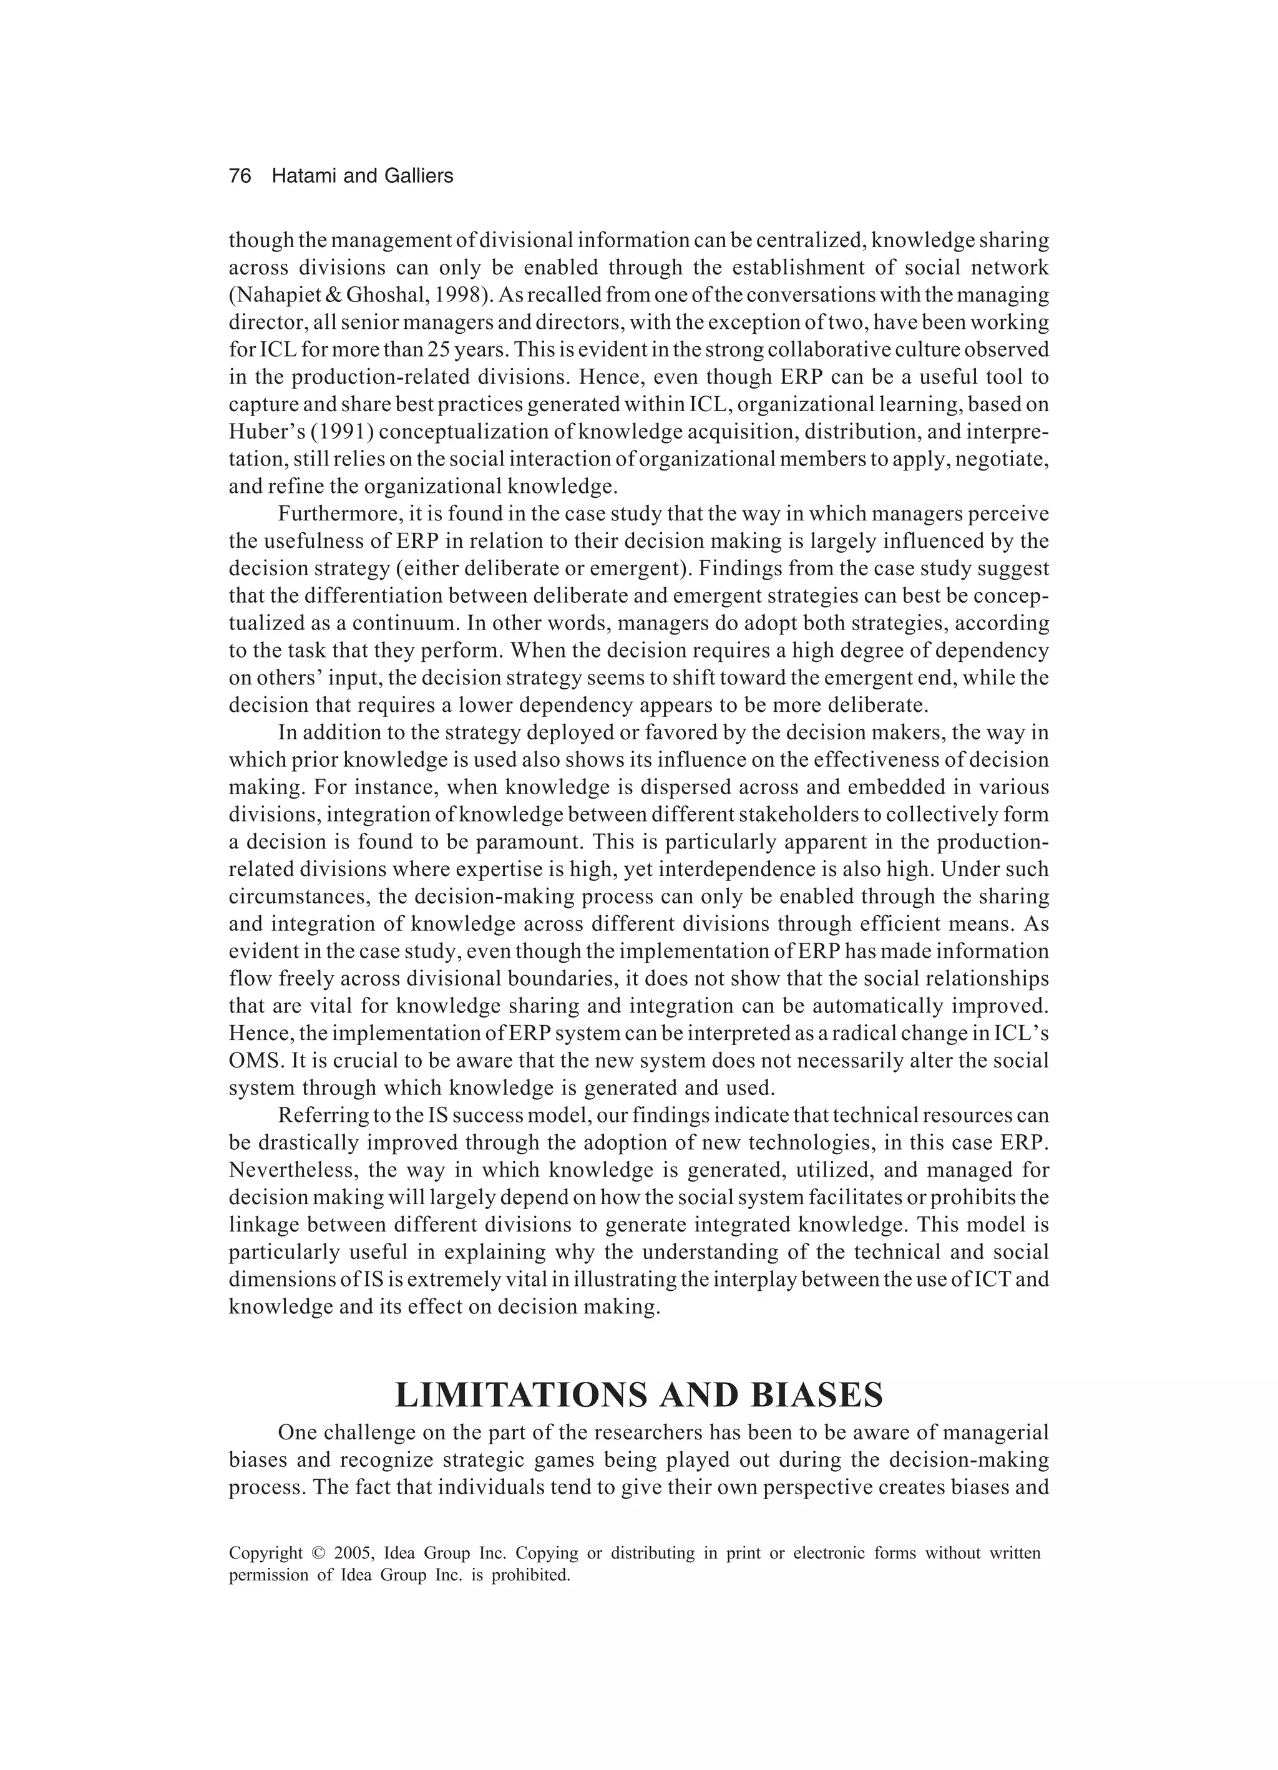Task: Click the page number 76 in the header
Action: [240, 177]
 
